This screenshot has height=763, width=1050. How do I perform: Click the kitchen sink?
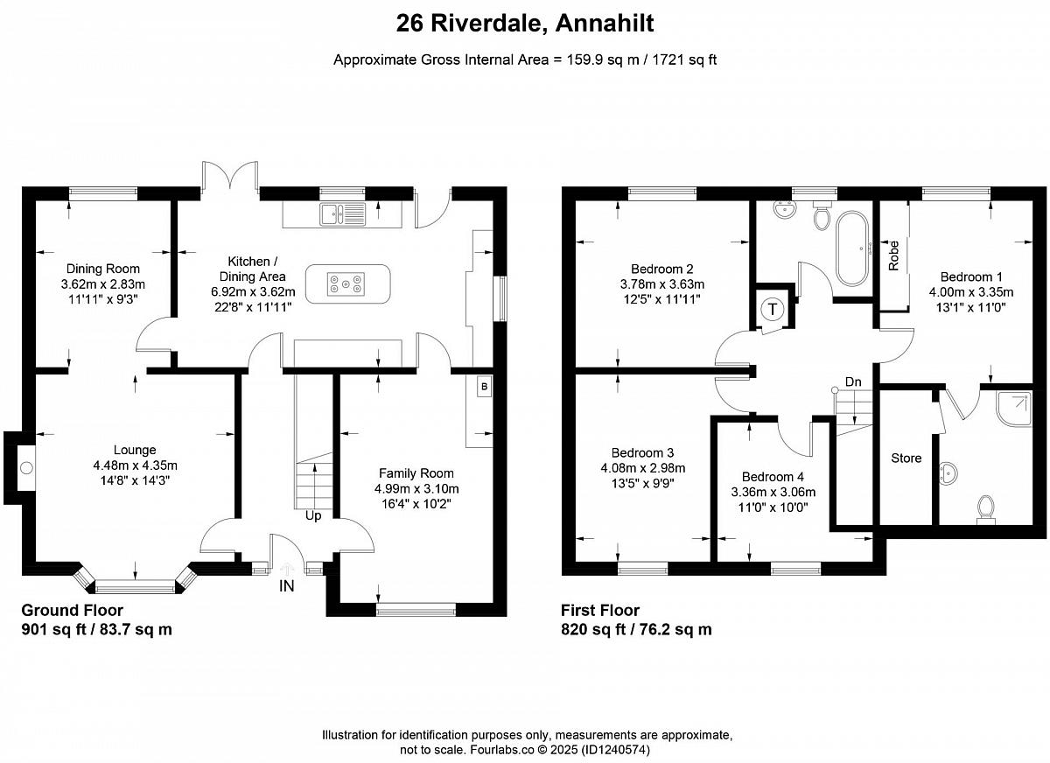(x=343, y=214)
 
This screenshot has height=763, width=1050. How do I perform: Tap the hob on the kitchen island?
(x=346, y=284)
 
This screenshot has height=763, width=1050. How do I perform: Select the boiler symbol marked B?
(x=484, y=387)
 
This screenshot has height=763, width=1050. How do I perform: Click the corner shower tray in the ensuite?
(x=1014, y=409)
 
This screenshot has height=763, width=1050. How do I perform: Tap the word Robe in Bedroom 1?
(x=894, y=255)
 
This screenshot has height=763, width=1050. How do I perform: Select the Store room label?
(x=906, y=458)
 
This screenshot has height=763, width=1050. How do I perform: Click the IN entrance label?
(x=286, y=586)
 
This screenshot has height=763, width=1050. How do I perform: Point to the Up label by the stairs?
(x=313, y=516)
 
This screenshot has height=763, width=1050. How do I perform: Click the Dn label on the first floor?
(x=853, y=382)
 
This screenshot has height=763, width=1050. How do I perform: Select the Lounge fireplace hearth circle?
(x=27, y=468)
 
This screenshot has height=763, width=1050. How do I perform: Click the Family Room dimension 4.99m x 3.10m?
(x=416, y=489)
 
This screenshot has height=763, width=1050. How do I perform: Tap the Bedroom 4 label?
(x=773, y=477)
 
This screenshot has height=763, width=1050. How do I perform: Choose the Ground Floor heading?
(x=72, y=610)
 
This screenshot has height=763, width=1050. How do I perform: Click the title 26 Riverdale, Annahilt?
(x=525, y=23)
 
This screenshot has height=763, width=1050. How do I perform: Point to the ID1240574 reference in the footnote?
(x=615, y=750)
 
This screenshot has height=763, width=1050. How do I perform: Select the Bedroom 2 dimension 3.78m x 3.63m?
(x=661, y=284)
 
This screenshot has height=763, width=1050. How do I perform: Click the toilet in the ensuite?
(x=986, y=509)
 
